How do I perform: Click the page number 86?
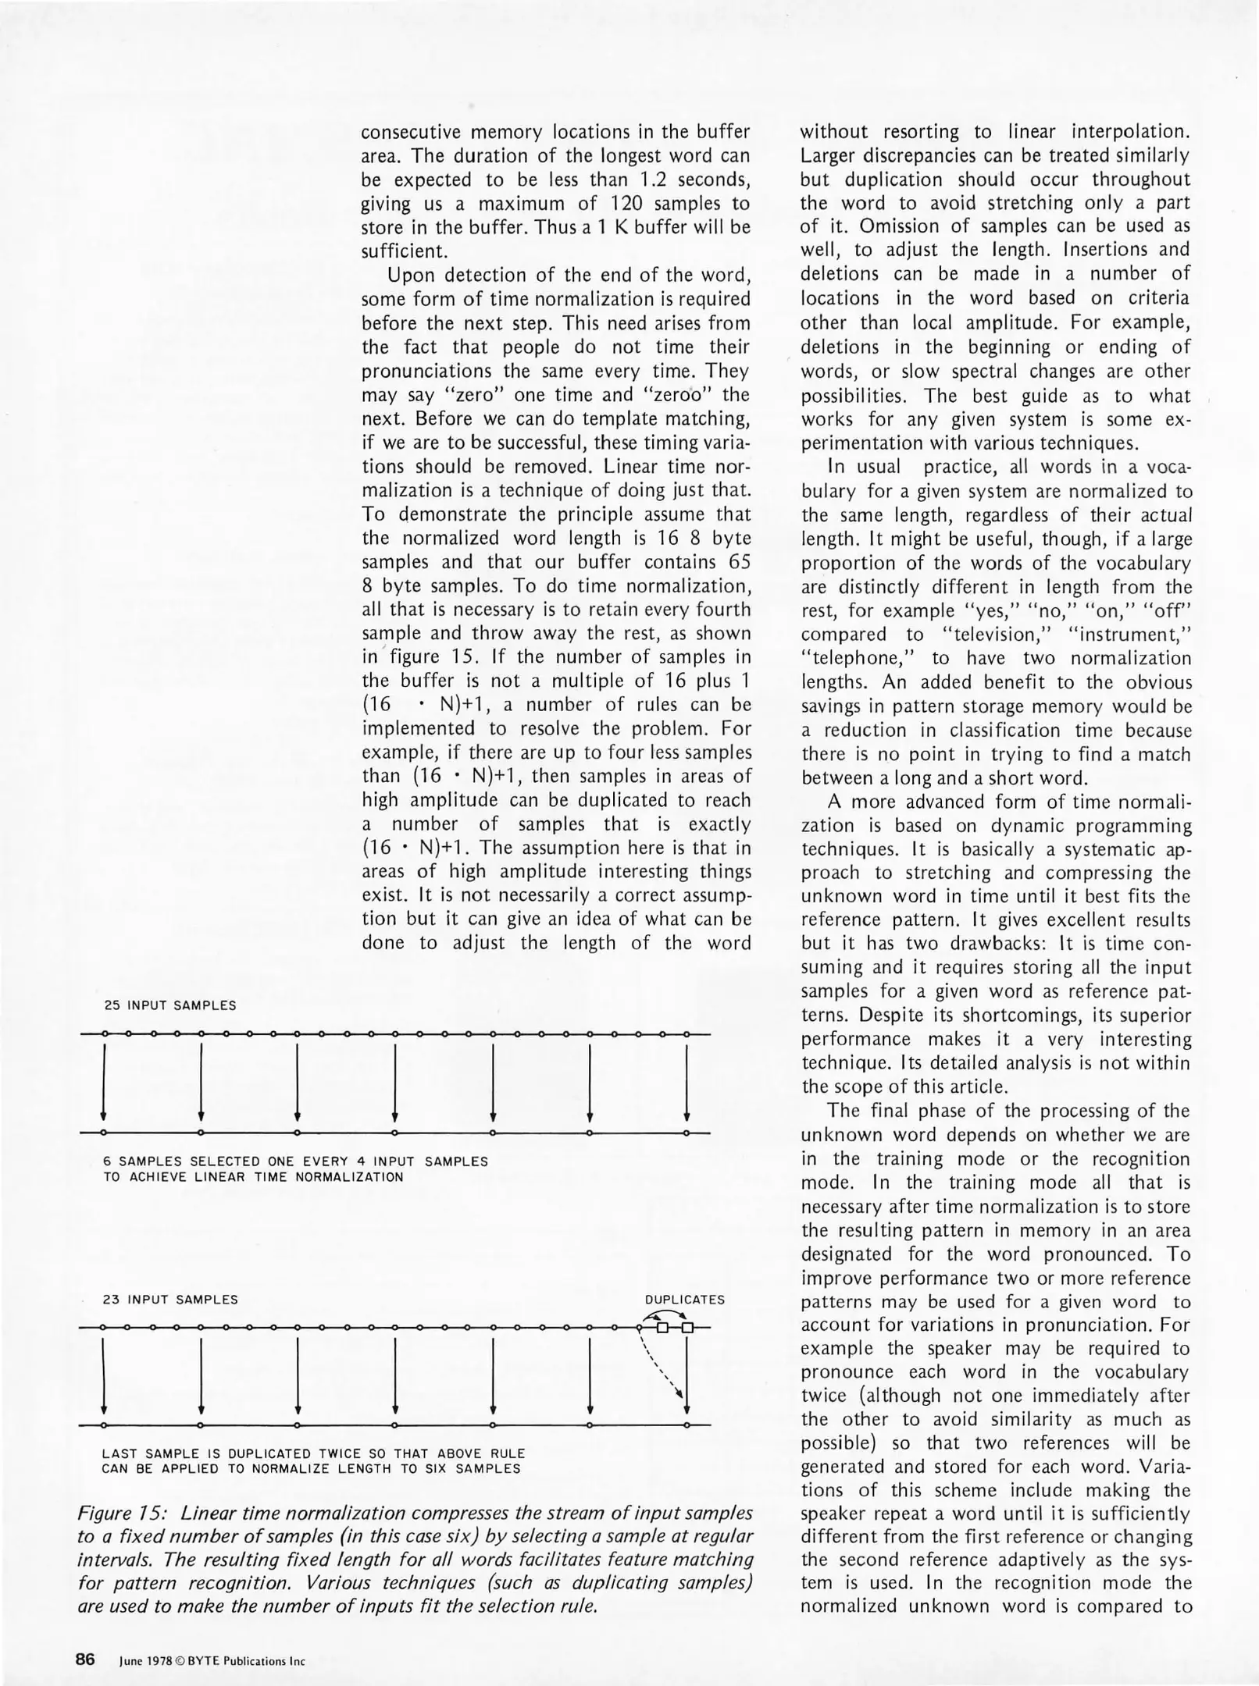[84, 1659]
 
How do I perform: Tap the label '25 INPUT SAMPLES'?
[170, 1005]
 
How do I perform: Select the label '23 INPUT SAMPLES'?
[170, 1300]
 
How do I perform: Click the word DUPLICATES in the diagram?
[684, 1300]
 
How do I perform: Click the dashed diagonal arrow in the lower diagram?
[661, 1365]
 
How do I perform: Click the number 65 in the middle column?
[735, 562]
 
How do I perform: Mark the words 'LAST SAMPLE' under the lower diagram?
[145, 1454]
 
